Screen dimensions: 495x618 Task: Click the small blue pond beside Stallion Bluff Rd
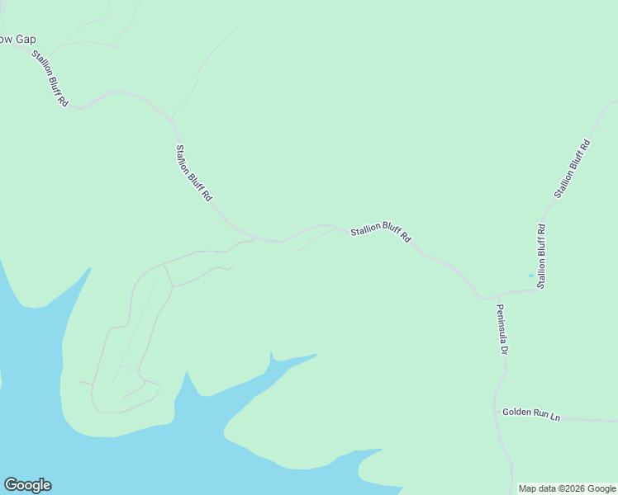(530, 276)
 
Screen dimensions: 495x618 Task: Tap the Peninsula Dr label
(501, 328)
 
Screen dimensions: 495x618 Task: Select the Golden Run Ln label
(531, 414)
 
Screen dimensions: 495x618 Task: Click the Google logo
(27, 485)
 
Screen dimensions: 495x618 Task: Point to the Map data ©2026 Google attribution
(567, 488)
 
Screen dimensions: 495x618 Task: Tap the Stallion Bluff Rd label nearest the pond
(541, 256)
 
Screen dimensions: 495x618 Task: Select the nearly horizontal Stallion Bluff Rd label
(380, 233)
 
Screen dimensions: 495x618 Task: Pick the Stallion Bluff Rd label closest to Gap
(50, 79)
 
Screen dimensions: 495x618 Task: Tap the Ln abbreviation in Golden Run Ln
(555, 417)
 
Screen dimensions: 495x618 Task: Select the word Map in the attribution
(528, 488)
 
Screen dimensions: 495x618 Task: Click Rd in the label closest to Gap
(63, 103)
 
